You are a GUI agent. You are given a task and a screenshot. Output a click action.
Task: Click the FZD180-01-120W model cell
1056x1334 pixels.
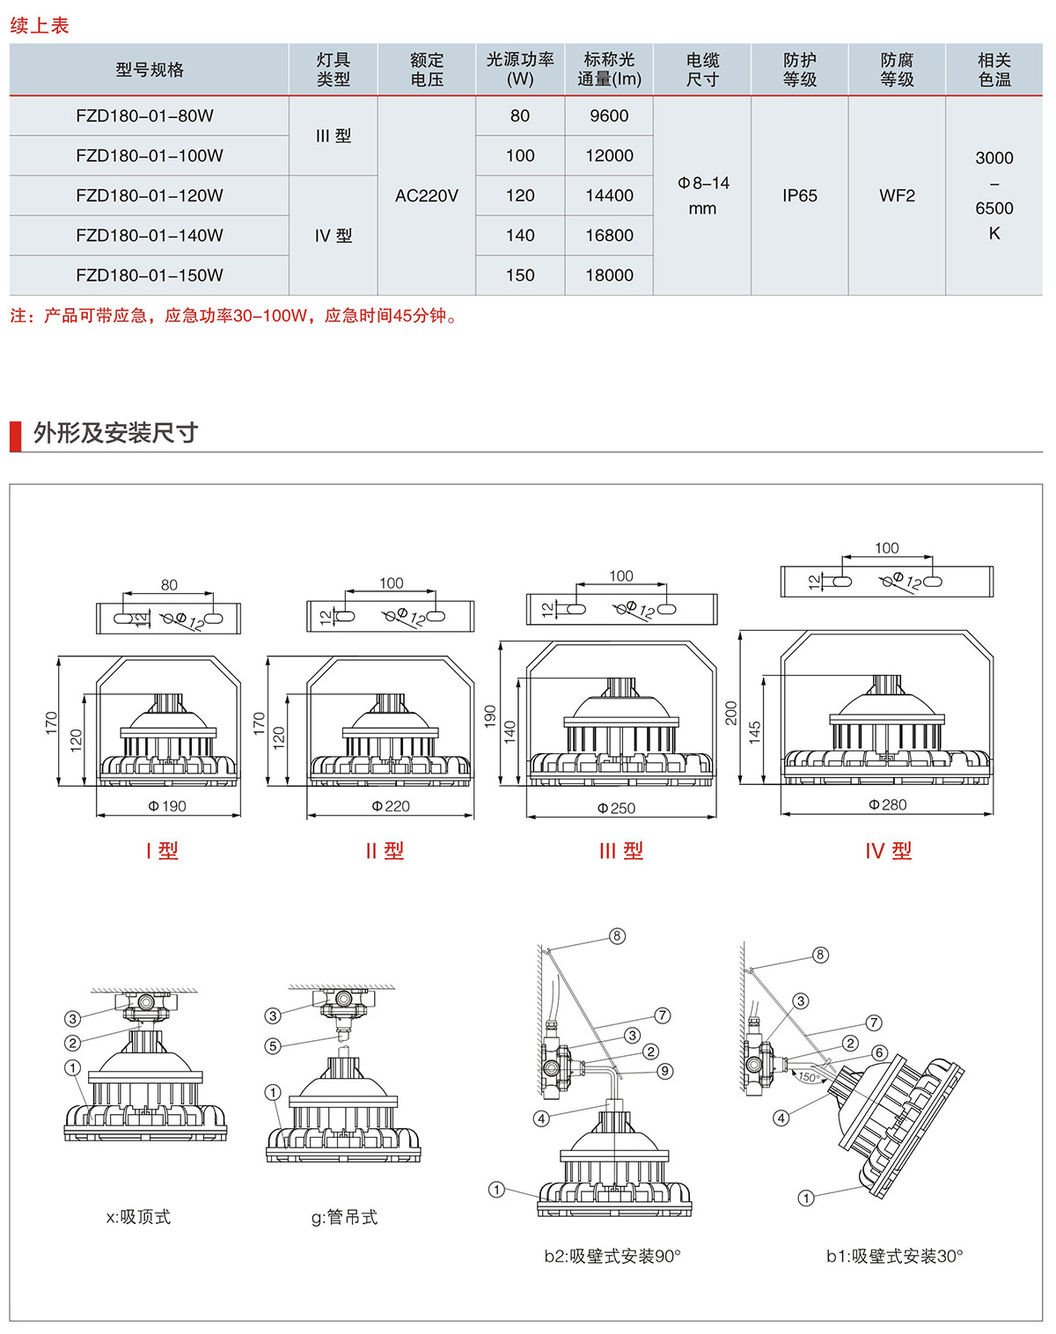point(150,195)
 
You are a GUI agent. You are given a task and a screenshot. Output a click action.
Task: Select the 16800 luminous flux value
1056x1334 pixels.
point(609,236)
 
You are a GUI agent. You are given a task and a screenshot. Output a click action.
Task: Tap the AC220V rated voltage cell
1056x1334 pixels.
point(427,195)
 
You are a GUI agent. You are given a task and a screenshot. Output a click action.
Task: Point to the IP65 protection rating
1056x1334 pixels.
point(799,195)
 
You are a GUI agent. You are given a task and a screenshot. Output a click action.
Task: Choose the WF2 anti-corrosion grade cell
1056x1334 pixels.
point(897,195)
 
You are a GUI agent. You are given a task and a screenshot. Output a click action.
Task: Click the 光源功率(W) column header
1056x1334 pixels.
point(520,70)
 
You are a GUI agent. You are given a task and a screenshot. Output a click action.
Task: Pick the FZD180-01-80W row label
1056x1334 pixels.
point(144,116)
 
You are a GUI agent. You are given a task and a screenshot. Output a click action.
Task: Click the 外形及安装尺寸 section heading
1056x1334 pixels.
point(115,433)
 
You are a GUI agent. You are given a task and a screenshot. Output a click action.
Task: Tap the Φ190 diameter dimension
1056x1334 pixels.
point(167,806)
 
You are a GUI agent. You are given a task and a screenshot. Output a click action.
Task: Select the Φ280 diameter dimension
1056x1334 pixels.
point(887,804)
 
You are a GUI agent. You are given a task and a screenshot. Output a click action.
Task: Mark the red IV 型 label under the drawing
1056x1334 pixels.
point(888,851)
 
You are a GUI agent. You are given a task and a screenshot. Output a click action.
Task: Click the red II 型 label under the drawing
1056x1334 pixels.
point(385,851)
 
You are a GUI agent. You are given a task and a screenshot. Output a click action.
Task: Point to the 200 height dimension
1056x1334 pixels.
point(730,713)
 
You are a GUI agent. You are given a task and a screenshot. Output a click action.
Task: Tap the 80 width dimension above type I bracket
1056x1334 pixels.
point(169,585)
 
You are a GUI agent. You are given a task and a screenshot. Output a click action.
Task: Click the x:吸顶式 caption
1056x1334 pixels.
point(138,1217)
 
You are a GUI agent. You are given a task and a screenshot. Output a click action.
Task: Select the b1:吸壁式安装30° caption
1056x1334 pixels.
point(894,1257)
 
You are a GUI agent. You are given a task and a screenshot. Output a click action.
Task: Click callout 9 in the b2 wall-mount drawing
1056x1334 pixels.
point(665,1071)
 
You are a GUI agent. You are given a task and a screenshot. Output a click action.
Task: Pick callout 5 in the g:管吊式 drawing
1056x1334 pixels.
point(273,1046)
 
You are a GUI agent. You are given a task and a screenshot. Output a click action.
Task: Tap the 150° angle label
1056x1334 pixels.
point(808,1077)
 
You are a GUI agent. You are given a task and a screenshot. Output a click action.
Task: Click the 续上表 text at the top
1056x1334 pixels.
point(40,26)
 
